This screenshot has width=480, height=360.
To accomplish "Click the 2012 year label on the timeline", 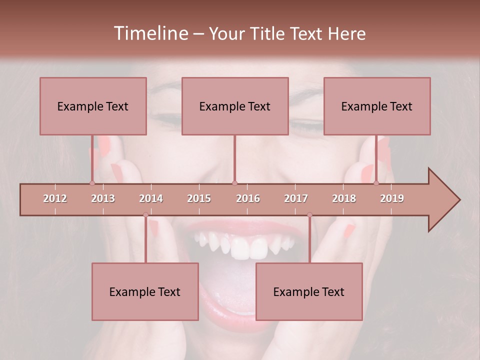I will click(x=55, y=198).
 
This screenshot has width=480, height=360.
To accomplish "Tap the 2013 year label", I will click(x=103, y=198).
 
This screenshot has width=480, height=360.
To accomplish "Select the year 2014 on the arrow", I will click(x=151, y=198).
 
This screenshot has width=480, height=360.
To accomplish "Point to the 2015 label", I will click(x=199, y=198).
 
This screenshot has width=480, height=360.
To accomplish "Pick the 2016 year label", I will click(x=248, y=198).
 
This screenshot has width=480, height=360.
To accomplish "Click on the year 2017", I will click(x=296, y=198).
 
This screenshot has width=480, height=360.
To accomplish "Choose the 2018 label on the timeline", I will click(x=344, y=198).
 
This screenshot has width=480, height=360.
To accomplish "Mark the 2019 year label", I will click(x=392, y=198).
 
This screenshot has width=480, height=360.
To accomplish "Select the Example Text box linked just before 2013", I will click(x=93, y=106).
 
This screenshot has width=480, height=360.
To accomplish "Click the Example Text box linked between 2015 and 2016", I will click(x=235, y=106).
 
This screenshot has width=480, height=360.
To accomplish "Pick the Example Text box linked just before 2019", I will click(x=377, y=106).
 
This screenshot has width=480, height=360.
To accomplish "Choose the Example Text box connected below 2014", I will click(x=145, y=291).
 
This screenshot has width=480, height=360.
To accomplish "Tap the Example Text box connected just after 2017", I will click(x=309, y=291).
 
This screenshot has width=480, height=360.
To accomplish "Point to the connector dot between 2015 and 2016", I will click(x=235, y=183).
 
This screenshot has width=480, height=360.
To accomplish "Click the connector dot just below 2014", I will click(x=145, y=214).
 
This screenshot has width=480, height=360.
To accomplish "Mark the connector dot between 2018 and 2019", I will click(x=376, y=183).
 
